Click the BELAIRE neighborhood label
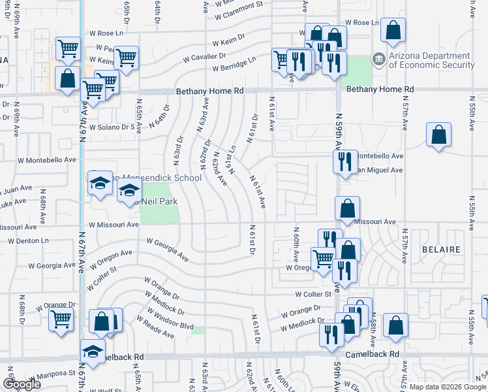(441, 250)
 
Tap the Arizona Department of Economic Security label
(432, 61)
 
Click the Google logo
(22, 384)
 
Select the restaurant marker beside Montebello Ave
(344, 161)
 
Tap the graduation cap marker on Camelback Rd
(93, 351)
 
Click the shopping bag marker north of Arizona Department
(393, 30)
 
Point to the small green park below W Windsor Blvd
(198, 331)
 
